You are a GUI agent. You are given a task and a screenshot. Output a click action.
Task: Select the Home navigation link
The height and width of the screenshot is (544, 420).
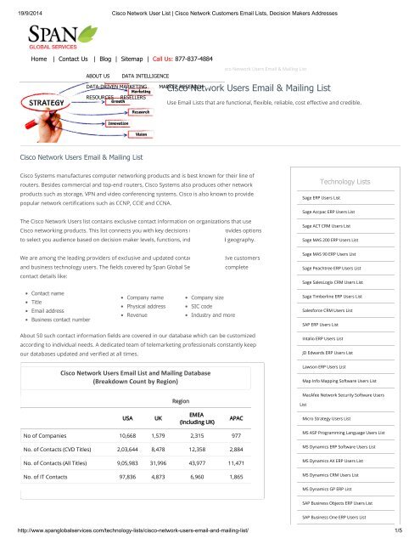click(x=38, y=61)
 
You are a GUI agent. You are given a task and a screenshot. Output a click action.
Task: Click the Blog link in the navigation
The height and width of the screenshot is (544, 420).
click(x=119, y=61)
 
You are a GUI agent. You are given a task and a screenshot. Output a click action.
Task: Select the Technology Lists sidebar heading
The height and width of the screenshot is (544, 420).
click(x=343, y=181)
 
